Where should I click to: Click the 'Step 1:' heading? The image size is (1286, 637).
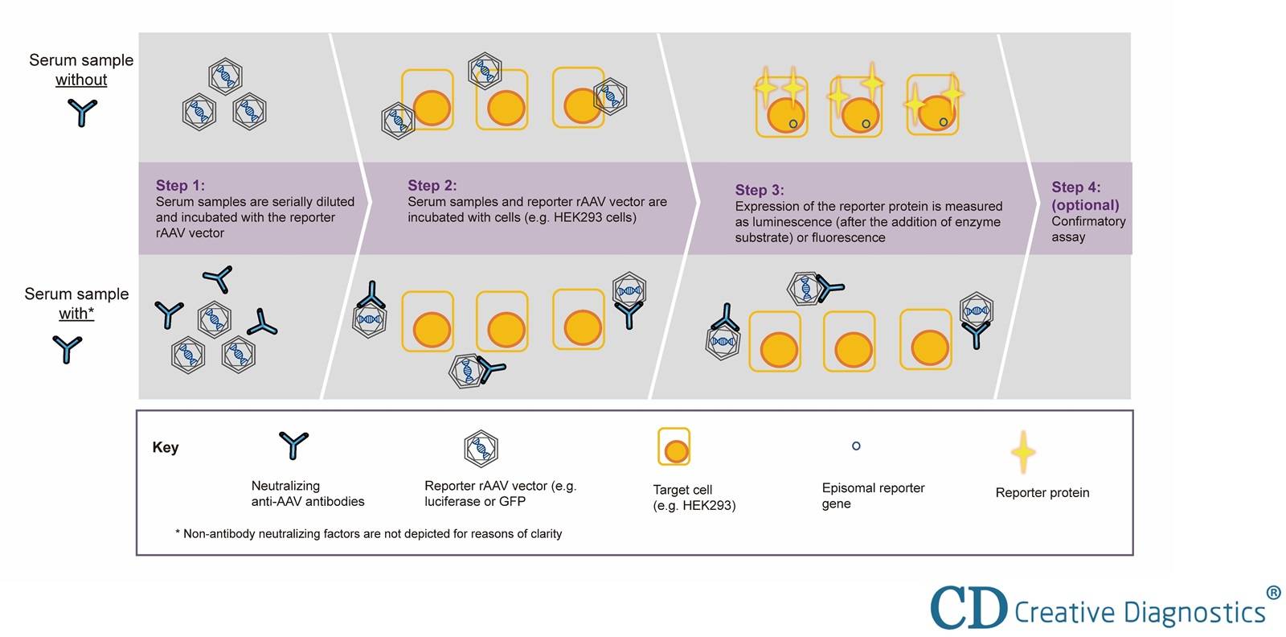tap(180, 186)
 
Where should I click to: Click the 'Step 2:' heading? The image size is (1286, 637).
tap(432, 186)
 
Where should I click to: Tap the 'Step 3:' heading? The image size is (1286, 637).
tap(759, 191)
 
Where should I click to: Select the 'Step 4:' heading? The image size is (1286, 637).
tap(1075, 187)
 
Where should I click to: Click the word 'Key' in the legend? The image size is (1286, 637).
tap(166, 448)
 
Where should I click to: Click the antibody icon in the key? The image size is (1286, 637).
tap(293, 445)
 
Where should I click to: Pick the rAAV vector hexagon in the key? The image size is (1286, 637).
tap(481, 448)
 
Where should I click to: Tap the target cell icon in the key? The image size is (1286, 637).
tap(674, 447)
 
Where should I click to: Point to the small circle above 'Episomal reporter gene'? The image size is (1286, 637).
tap(856, 446)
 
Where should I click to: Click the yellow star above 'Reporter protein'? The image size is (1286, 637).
tap(1022, 452)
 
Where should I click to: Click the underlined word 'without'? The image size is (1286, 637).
tap(81, 80)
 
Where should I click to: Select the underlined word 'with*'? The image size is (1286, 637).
tap(76, 314)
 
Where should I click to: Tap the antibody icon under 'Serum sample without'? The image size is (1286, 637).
tap(82, 113)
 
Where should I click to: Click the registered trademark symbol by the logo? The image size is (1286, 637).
tap(1273, 593)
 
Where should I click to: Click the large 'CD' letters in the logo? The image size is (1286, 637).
tap(969, 608)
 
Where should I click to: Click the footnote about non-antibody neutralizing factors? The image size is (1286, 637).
tap(368, 534)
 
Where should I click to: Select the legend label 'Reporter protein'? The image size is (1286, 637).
tap(1042, 493)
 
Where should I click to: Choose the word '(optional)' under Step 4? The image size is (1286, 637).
tap(1085, 205)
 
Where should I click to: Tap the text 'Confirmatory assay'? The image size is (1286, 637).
tap(1087, 229)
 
